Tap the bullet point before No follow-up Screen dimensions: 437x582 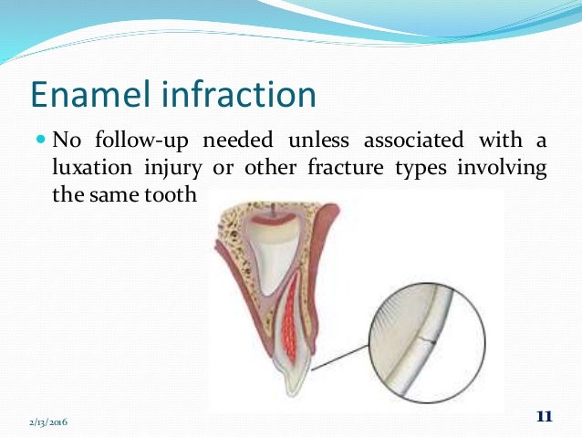(42, 140)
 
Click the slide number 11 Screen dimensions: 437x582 (544, 416)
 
